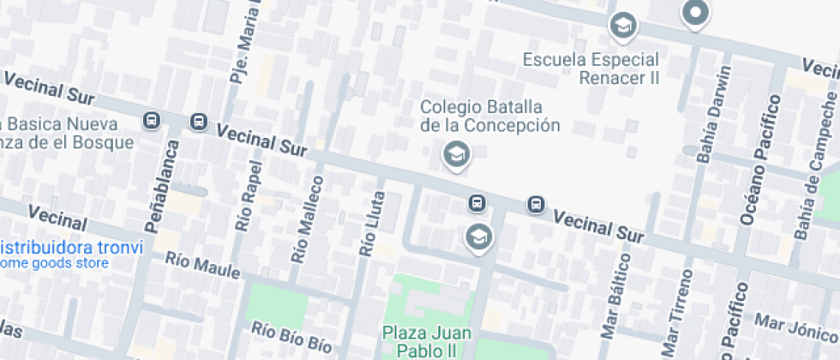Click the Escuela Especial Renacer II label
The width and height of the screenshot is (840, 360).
[591, 69]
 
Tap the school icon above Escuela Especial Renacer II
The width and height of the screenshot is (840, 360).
[623, 27]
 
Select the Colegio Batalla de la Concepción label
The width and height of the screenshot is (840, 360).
[489, 116]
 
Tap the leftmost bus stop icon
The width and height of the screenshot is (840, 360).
[152, 121]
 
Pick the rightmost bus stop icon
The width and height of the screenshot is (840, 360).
[536, 204]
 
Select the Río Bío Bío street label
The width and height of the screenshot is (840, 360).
[291, 338]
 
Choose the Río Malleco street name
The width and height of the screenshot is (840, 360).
[307, 219]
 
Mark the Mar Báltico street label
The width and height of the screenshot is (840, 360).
[615, 303]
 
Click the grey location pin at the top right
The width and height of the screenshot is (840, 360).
[695, 13]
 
